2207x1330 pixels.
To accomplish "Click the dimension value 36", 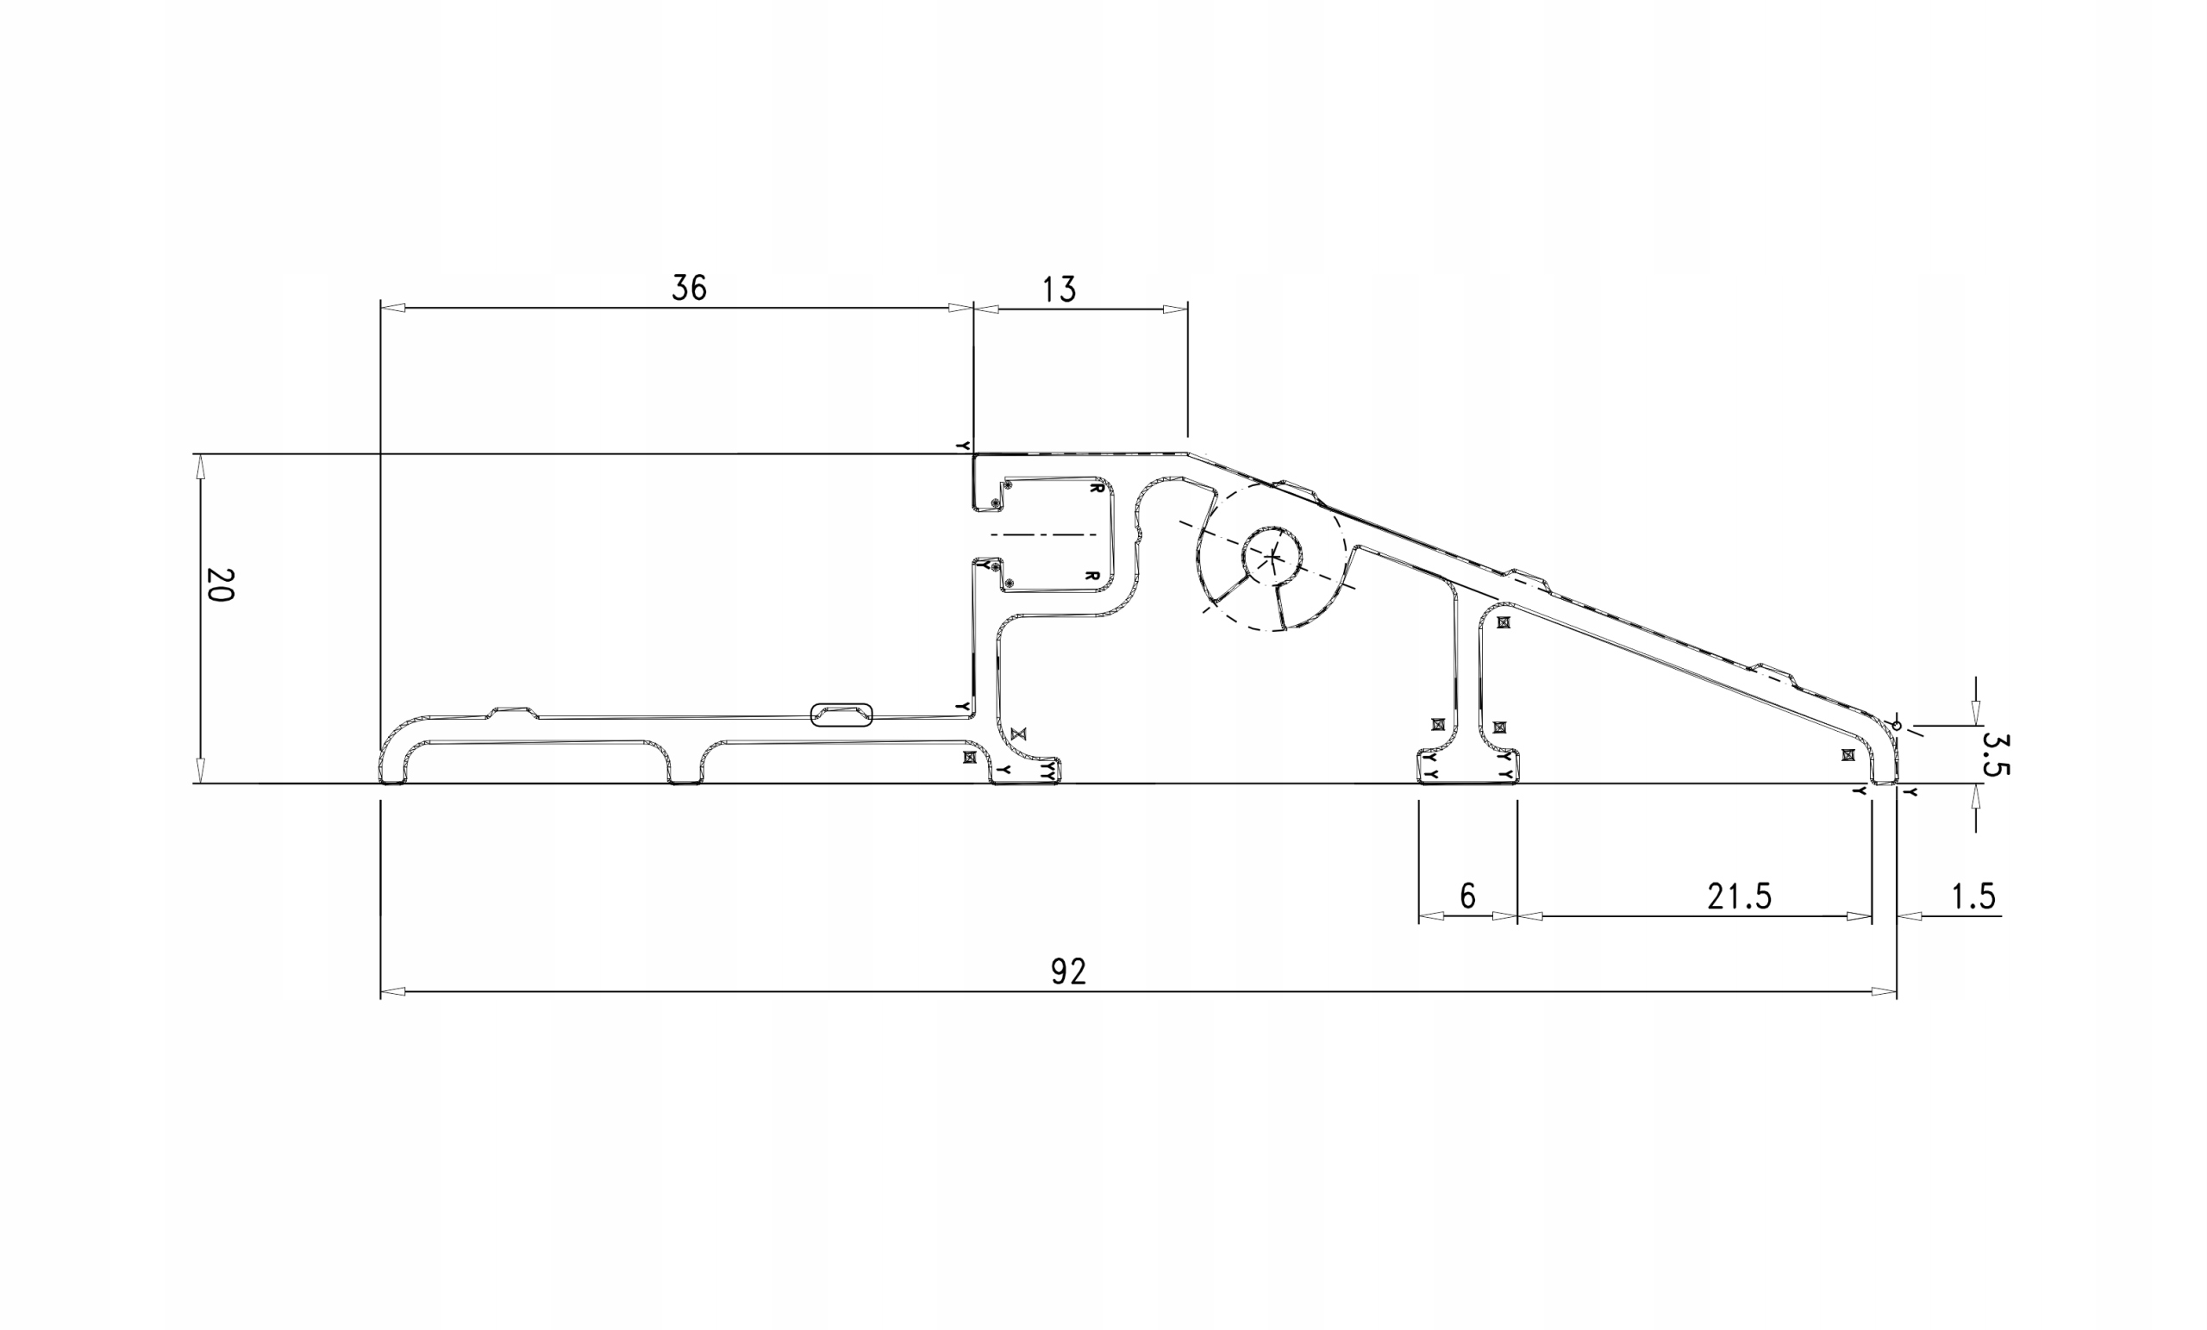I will pyautogui.click(x=689, y=288).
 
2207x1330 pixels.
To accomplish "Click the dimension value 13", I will pyautogui.click(x=1059, y=290).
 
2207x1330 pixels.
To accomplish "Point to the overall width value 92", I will pyautogui.click(x=1067, y=971).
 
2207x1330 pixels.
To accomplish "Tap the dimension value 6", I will pyautogui.click(x=1467, y=896).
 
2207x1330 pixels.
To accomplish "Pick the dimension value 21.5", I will pyautogui.click(x=1739, y=896).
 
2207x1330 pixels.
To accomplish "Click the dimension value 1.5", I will pyautogui.click(x=1973, y=896).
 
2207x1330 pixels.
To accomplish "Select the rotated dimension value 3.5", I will pyautogui.click(x=1997, y=755).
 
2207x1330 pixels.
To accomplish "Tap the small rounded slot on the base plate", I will pyautogui.click(x=841, y=715).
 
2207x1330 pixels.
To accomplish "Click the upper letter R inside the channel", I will pyautogui.click(x=1096, y=488).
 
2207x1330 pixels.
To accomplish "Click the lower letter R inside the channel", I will pyautogui.click(x=1091, y=576).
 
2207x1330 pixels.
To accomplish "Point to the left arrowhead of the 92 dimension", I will pyautogui.click(x=392, y=991).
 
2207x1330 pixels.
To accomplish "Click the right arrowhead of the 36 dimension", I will pyautogui.click(x=962, y=308).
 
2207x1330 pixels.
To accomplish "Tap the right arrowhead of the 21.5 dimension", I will pyautogui.click(x=1860, y=916).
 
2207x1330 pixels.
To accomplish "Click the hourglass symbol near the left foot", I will pyautogui.click(x=1017, y=734).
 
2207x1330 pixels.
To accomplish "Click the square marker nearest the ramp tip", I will pyautogui.click(x=1848, y=755).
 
